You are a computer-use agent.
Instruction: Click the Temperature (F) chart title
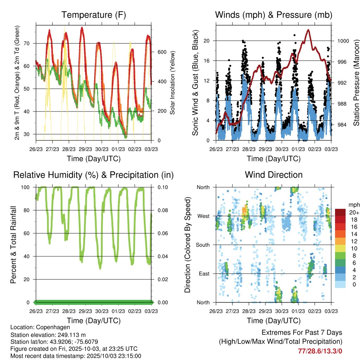coord(94,15)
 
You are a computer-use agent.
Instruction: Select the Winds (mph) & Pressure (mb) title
coord(274,15)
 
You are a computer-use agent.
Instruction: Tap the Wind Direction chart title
coord(274,175)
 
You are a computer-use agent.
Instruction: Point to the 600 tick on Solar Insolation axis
coord(161,52)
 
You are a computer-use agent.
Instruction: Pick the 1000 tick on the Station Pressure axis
coord(342,41)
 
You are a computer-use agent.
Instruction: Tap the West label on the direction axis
coord(203,216)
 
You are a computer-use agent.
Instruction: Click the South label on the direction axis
coord(202,245)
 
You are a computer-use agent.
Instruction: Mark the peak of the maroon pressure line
coord(308,30)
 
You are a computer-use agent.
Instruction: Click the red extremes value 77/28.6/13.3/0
coord(320,351)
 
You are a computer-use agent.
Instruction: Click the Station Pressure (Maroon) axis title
coord(355,83)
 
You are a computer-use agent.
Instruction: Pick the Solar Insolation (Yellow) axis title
coord(173,83)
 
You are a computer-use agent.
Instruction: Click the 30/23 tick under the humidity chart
coord(102,311)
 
